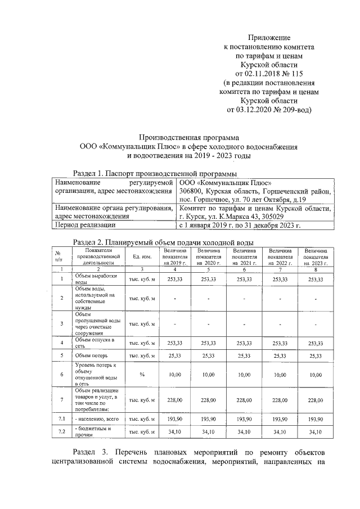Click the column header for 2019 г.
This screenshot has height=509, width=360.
click(x=174, y=256)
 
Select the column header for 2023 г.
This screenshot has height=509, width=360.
click(x=316, y=256)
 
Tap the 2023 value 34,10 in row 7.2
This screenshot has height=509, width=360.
click(x=316, y=432)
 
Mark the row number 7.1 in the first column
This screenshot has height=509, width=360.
click(x=61, y=420)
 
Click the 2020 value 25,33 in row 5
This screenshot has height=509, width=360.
click(x=209, y=355)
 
